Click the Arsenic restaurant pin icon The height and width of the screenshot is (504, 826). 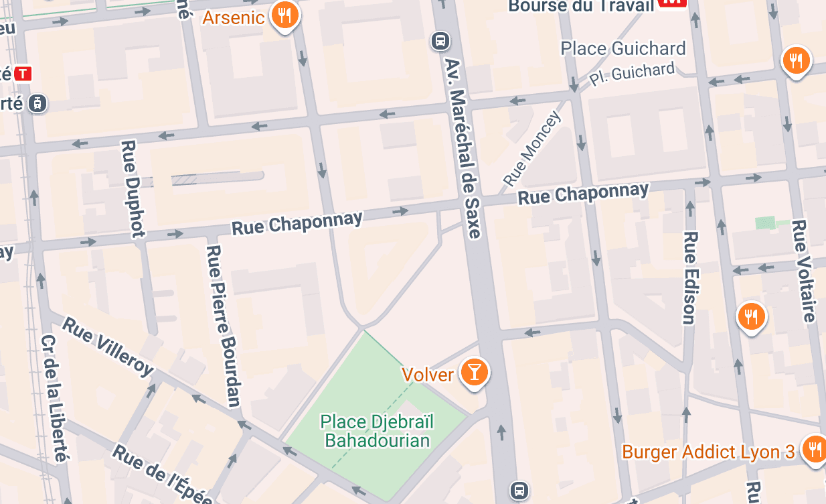[285, 15]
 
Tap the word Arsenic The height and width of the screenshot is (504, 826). [234, 17]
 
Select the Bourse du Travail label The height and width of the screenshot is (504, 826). [580, 5]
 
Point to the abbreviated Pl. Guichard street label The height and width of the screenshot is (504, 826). [632, 74]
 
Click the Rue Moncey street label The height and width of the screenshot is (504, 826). [531, 149]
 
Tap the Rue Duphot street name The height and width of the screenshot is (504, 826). [133, 188]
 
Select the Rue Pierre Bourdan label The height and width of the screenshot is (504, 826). [224, 326]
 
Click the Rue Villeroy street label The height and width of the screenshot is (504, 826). [108, 346]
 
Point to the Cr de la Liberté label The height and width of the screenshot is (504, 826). [56, 398]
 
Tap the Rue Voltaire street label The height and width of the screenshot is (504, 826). [804, 270]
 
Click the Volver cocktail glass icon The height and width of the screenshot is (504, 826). [474, 372]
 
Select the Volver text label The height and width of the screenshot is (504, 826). [428, 374]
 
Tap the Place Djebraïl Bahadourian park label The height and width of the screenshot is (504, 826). [378, 430]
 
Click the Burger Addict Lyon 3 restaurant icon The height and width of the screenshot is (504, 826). [814, 448]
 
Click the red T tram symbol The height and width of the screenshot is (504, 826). [23, 73]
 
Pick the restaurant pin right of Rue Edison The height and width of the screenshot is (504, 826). [752, 315]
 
